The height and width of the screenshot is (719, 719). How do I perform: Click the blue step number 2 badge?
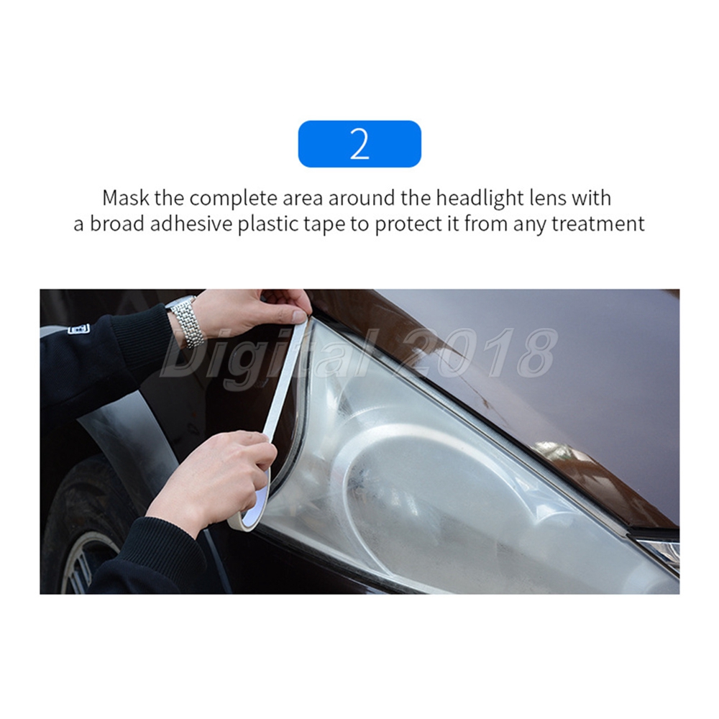click(359, 144)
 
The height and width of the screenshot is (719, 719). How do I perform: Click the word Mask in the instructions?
click(126, 198)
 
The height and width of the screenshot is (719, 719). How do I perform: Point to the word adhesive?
click(191, 224)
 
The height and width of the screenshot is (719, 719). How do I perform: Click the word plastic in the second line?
click(267, 224)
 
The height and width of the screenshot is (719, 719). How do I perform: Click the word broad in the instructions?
click(116, 224)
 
